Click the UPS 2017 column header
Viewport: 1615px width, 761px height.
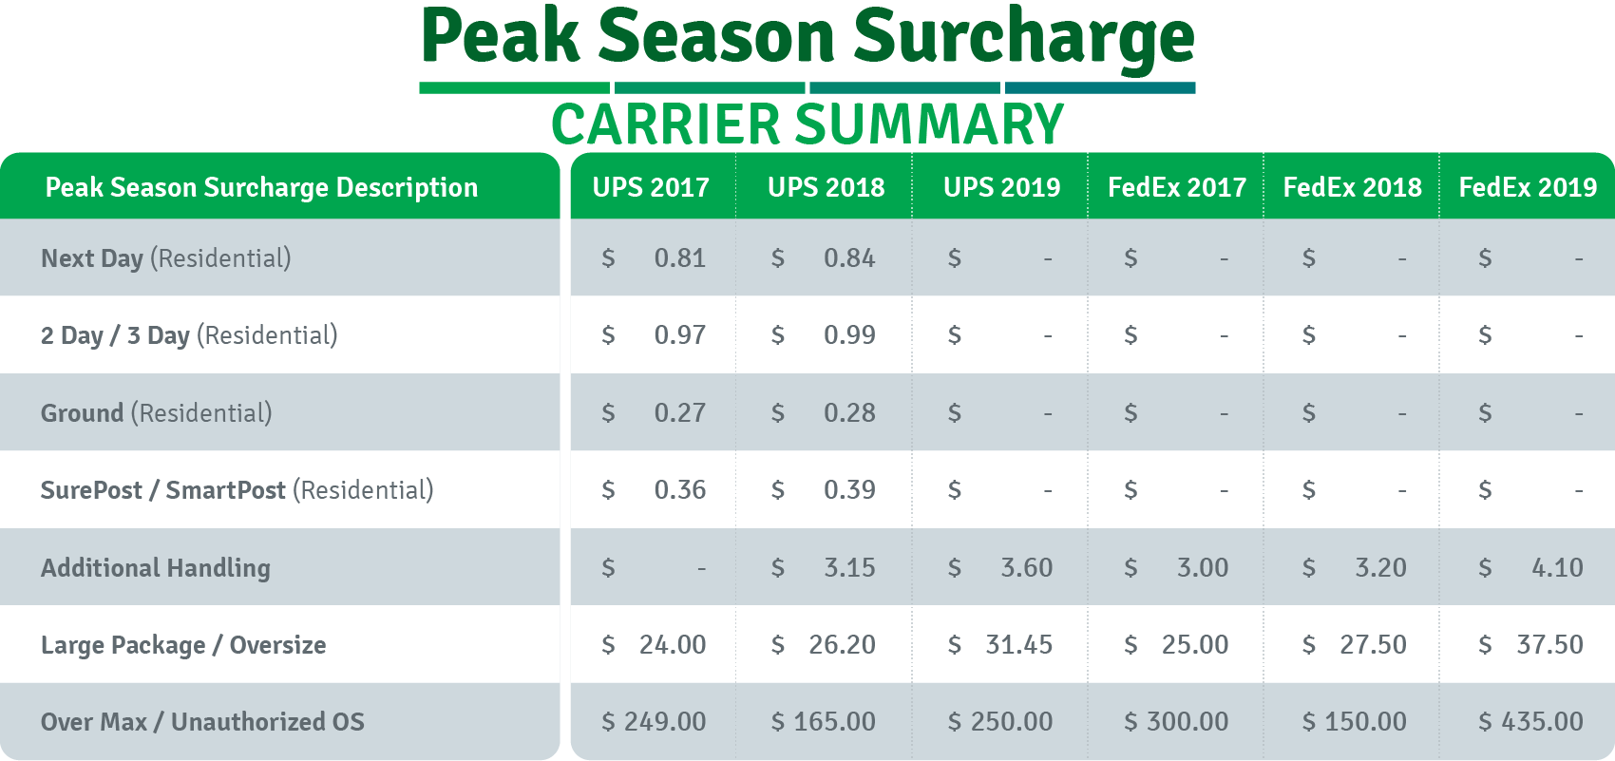(651, 187)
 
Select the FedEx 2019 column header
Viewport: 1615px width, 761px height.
(1528, 187)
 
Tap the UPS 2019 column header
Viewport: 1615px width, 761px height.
(1001, 187)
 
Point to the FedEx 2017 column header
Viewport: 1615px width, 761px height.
(1177, 187)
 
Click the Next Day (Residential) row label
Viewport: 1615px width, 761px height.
(166, 258)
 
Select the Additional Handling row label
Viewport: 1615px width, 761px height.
(156, 568)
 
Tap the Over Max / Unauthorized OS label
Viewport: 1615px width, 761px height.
(202, 721)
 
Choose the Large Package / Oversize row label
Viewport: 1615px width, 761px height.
(183, 645)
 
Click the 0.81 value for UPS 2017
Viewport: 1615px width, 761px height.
(680, 258)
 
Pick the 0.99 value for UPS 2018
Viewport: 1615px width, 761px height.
(849, 334)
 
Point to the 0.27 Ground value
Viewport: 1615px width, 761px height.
(680, 412)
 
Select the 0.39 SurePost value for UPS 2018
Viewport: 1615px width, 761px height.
(849, 490)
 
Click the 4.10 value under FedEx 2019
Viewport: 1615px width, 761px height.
(1557, 568)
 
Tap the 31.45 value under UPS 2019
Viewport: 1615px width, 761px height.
(1018, 645)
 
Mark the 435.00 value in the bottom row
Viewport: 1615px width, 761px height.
(1542, 721)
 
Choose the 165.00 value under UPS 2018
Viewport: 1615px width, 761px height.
(835, 721)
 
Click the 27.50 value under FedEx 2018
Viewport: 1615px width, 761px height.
(1373, 645)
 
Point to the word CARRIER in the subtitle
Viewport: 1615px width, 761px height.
(665, 124)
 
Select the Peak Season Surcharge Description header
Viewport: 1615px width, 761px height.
(261, 187)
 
